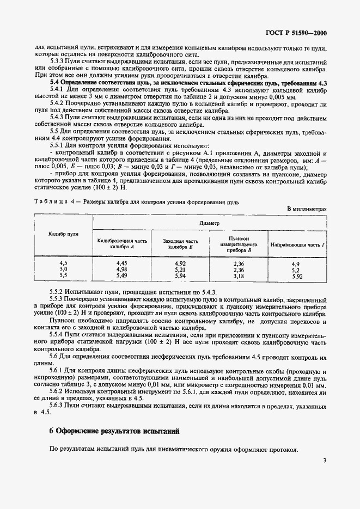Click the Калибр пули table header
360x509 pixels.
click(64, 234)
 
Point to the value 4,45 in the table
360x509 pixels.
click(121, 263)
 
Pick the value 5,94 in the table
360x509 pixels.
click(180, 276)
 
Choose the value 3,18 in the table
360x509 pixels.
click(239, 276)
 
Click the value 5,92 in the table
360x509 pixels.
click(297, 276)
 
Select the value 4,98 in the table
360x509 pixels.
click(121, 269)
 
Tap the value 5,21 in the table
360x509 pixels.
click(180, 269)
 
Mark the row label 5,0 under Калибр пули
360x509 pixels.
click(63, 269)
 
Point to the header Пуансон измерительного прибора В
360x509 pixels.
click(239, 244)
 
